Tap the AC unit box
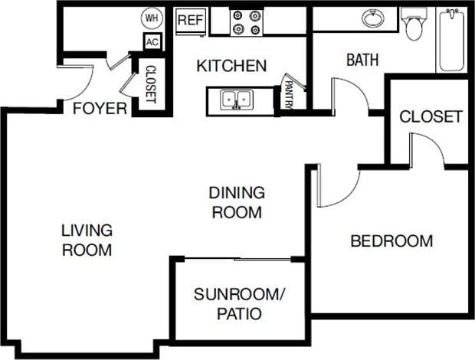[x=151, y=43]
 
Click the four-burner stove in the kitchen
[x=247, y=21]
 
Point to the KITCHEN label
[x=231, y=66]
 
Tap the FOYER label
[x=100, y=109]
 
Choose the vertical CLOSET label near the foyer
[x=150, y=83]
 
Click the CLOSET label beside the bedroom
[x=431, y=116]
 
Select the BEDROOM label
[x=391, y=241]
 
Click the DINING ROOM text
[x=237, y=202]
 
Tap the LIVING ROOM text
[x=87, y=240]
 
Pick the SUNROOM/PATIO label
[x=230, y=303]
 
